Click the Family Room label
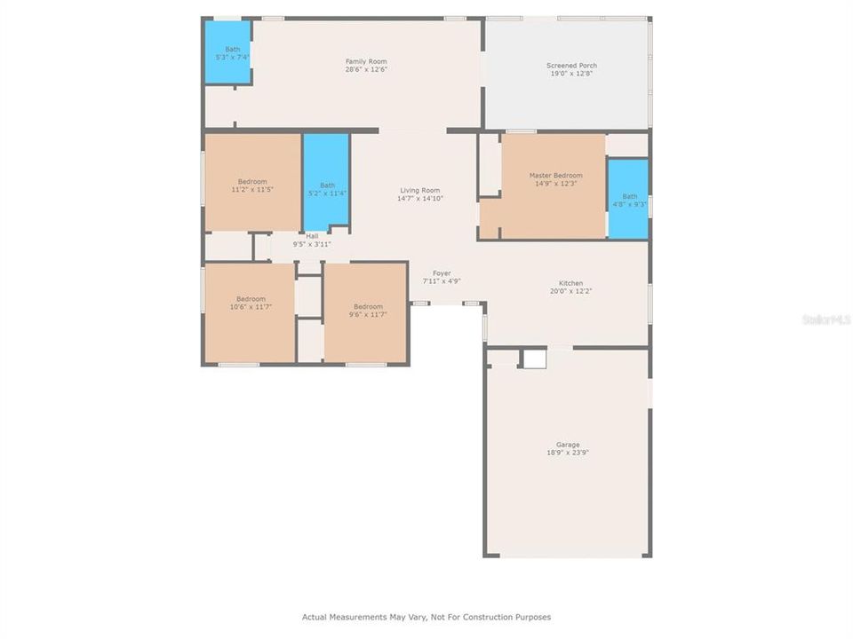(366, 61)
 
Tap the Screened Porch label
(571, 66)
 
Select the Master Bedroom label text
(555, 176)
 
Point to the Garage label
(568, 445)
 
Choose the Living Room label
(419, 190)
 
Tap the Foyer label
(442, 273)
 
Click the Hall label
(312, 236)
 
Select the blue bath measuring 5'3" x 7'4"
(228, 53)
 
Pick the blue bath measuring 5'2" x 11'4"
(326, 182)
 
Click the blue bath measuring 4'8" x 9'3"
(628, 199)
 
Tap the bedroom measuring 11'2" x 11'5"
(252, 182)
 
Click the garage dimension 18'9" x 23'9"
(568, 453)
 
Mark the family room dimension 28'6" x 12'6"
(366, 69)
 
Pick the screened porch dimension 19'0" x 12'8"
(571, 74)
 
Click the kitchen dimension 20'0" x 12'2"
(570, 291)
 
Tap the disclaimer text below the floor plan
(426, 617)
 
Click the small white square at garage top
(533, 359)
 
